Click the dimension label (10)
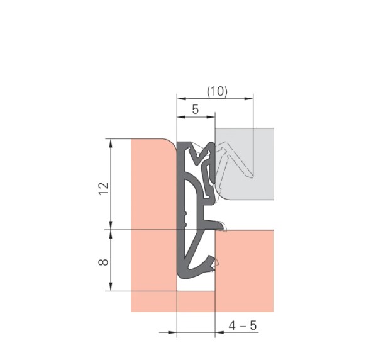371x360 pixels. tap(217, 91)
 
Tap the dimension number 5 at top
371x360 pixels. tap(195, 110)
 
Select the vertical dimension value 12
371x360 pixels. tap(103, 189)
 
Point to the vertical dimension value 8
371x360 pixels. tap(103, 262)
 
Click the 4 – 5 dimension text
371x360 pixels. tap(243, 325)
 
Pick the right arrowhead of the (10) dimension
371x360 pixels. tap(248, 99)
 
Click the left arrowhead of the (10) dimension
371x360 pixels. tap(182, 99)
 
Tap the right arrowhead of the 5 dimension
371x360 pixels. tap(211, 117)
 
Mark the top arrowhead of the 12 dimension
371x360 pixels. tap(111, 143)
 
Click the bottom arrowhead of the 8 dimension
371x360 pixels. tap(111, 286)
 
